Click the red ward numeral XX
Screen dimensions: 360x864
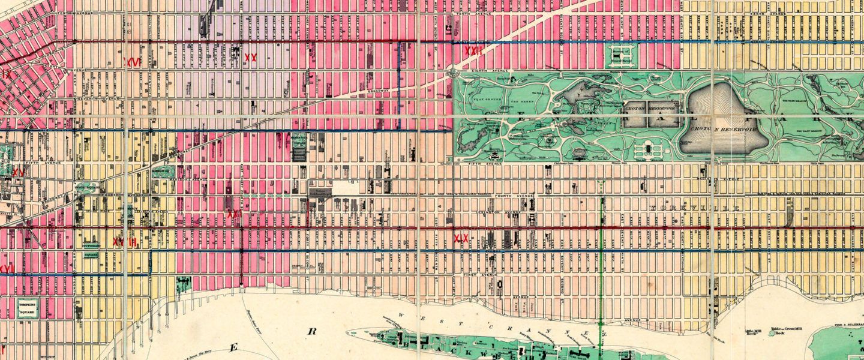coord(251,58)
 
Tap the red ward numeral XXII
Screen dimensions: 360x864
coord(473,51)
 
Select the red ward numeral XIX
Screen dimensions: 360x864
coord(461,239)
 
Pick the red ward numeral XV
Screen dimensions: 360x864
coord(19,172)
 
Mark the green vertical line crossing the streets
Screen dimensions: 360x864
coord(602,258)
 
